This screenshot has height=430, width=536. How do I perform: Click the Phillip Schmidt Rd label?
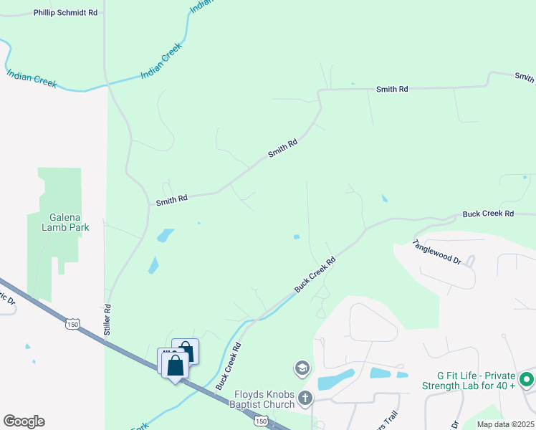click(64, 13)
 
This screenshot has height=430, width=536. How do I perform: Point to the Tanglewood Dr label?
click(436, 252)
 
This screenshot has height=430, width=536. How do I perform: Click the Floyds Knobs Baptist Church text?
click(264, 399)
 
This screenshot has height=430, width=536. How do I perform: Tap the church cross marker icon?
click(305, 397)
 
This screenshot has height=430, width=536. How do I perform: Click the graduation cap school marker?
click(302, 368)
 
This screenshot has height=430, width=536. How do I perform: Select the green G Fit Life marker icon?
click(527, 380)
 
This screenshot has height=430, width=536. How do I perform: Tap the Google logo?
click(24, 421)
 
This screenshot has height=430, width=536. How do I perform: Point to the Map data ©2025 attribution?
click(504, 424)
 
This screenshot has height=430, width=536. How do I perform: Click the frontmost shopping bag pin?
click(176, 366)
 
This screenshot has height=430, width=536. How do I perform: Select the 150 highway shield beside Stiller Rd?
click(72, 324)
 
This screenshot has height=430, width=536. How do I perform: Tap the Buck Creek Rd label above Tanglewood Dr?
click(488, 214)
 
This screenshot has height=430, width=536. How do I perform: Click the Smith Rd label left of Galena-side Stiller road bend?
click(172, 200)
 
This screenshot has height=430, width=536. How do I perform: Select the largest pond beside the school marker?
click(335, 379)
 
